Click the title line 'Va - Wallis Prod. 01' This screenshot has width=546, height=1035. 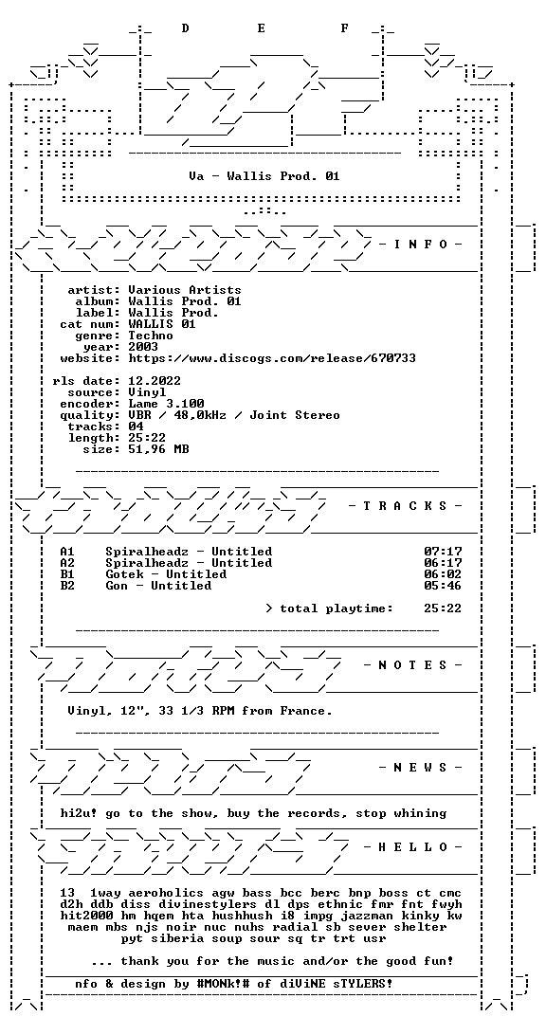point(264,176)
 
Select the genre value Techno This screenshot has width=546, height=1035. point(151,336)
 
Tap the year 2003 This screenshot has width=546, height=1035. point(143,347)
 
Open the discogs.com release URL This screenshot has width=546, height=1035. point(272,358)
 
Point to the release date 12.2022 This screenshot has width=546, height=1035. point(155,381)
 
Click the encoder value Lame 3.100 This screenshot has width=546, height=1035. point(166,404)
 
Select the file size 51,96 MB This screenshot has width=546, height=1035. point(158,449)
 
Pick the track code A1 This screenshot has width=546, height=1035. point(67,552)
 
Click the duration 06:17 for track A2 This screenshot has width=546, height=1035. point(443,562)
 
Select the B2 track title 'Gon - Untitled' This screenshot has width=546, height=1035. point(158,586)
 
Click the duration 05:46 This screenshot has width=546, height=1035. point(443,586)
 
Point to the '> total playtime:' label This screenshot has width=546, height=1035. point(329,608)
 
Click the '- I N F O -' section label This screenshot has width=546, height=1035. point(421,245)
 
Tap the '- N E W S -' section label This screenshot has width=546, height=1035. point(421,767)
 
